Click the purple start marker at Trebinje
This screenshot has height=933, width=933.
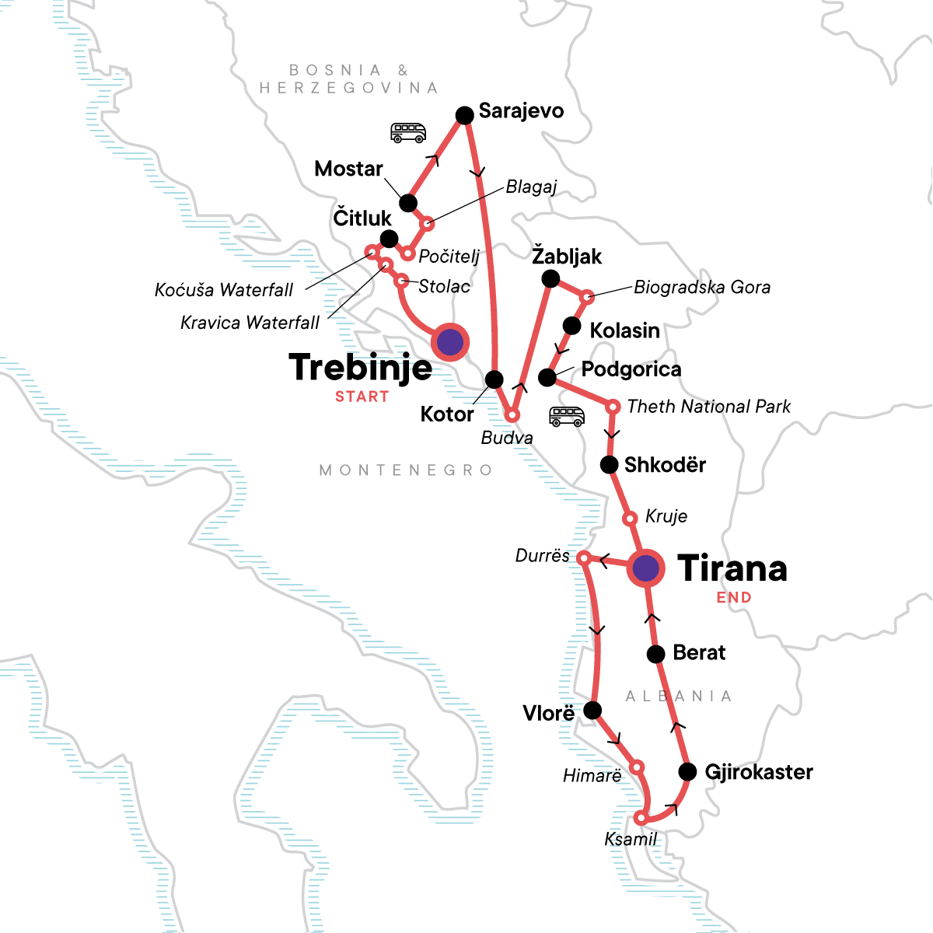pos(450,342)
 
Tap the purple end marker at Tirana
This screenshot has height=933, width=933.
pos(645,568)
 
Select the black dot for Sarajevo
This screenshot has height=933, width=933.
pos(464,116)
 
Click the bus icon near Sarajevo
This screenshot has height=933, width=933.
pos(408,133)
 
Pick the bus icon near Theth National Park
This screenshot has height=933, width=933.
pos(566,417)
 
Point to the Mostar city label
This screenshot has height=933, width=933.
pos(348,169)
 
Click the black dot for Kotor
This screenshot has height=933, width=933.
pos(494,379)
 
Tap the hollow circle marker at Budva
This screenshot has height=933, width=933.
pos(512,415)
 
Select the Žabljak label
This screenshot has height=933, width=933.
pos(567,257)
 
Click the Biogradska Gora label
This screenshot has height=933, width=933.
pos(702,288)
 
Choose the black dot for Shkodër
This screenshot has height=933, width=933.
pos(610,465)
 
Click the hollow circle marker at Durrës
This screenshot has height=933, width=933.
pos(584,557)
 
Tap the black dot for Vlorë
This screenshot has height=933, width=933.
pos(592,710)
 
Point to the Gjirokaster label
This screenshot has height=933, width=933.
pos(758,772)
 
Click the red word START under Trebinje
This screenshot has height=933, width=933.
pos(362,397)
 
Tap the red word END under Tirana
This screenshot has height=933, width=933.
pos(734,598)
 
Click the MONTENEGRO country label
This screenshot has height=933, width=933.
pos(406,470)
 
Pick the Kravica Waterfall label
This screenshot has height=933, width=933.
pos(250,323)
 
